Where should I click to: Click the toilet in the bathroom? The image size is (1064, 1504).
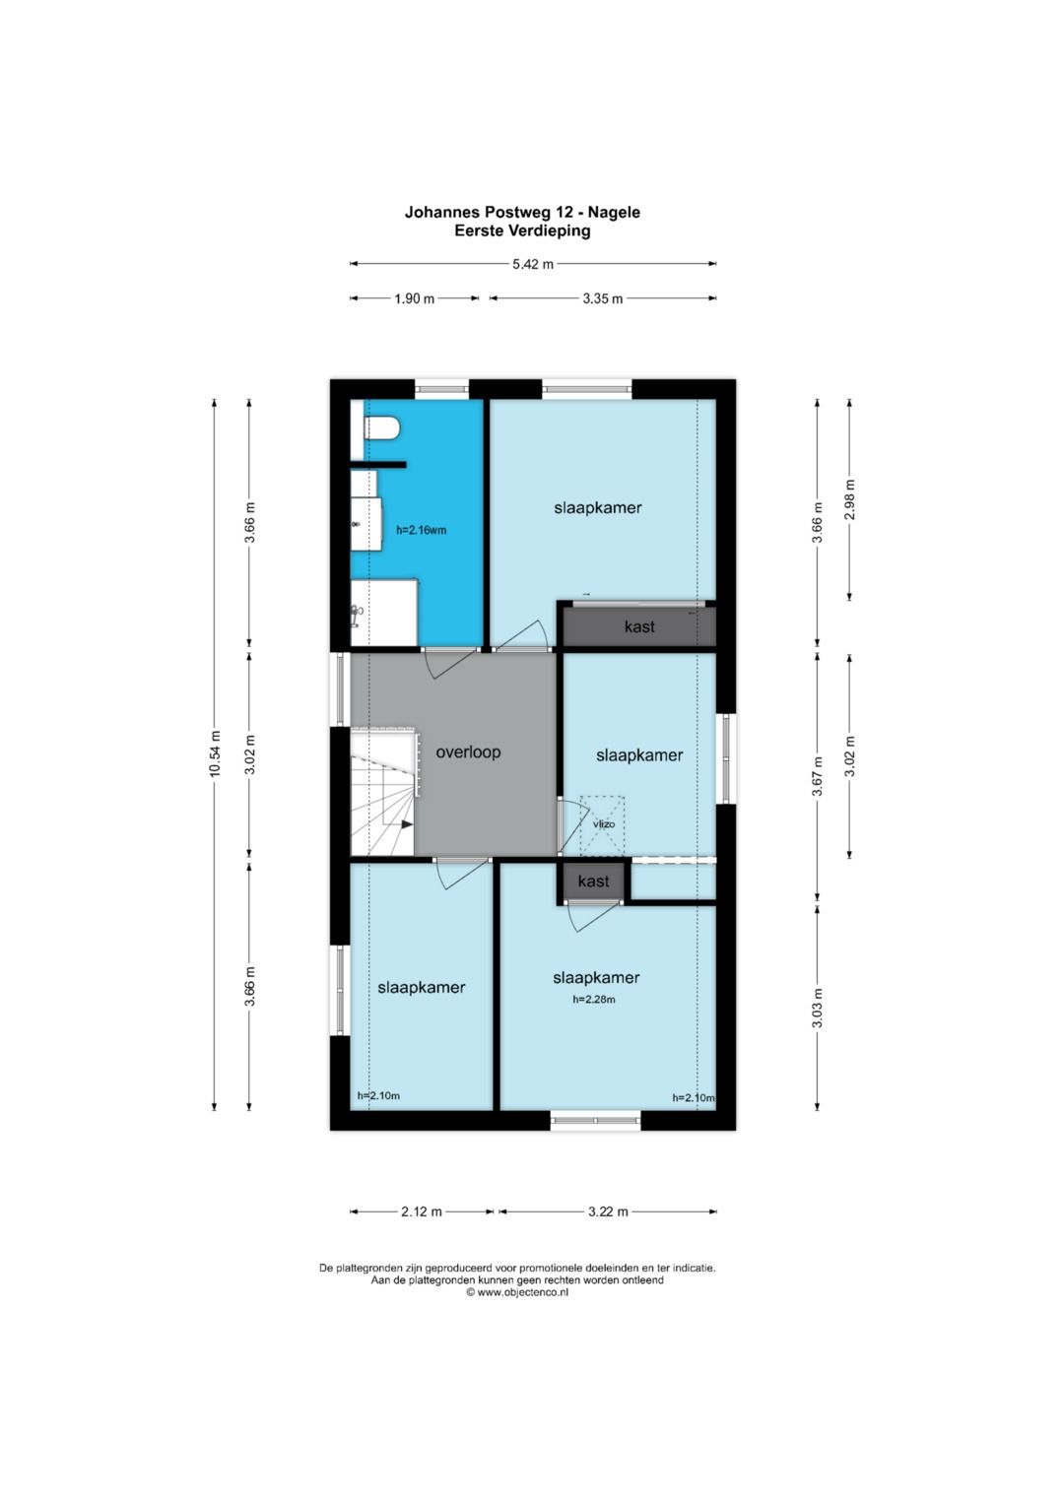pos(381,428)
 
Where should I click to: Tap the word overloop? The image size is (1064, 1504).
pos(468,752)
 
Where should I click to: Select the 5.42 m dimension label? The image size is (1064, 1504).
pos(533,264)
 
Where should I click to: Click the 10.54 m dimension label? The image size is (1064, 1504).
pos(215,753)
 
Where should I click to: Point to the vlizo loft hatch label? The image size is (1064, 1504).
pos(604,823)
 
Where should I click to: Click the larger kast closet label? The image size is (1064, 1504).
pos(639,626)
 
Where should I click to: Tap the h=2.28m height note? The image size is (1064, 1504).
pos(594,999)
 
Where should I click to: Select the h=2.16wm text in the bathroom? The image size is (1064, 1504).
pos(422,530)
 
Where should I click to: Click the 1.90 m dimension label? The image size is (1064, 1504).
pos(415,298)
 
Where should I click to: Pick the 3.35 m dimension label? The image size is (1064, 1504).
pos(603,298)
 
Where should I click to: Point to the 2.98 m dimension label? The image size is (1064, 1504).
pos(849,499)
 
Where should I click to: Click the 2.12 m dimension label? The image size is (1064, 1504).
pos(422,1211)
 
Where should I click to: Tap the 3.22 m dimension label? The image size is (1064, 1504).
pos(608,1211)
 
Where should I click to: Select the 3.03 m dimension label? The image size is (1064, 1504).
pos(818,1008)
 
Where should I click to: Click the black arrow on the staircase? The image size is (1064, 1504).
pos(407,824)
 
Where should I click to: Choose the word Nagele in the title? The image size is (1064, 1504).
pos(614,212)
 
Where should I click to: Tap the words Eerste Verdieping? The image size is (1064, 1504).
pos(522,231)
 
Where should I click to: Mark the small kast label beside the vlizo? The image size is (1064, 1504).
pos(594,881)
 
